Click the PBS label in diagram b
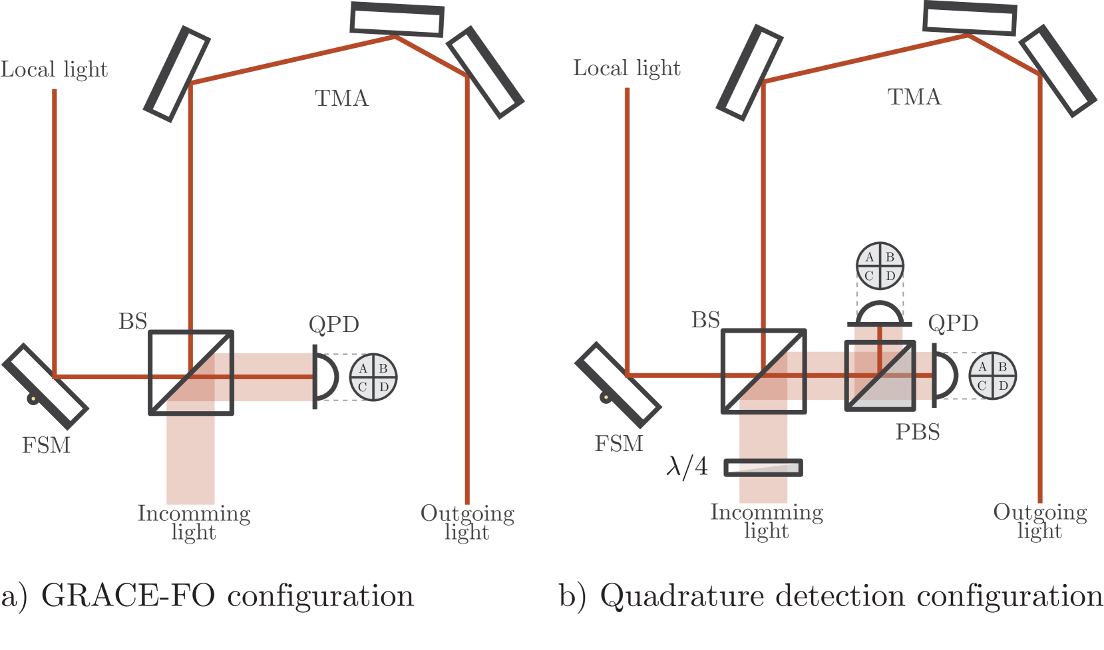917,432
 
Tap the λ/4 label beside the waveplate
687,467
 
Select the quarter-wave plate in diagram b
763,468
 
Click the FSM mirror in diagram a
45,386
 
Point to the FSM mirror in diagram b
618,385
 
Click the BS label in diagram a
132,321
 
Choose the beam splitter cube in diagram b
764,371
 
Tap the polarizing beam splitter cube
880,375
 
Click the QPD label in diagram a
333,325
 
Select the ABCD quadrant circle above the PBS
880,266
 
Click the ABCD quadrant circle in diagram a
373,377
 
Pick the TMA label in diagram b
914,97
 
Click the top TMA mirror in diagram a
397,19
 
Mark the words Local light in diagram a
54,69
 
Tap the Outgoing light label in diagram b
1039,521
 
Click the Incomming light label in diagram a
194,522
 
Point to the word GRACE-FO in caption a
128,595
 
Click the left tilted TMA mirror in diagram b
749,73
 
